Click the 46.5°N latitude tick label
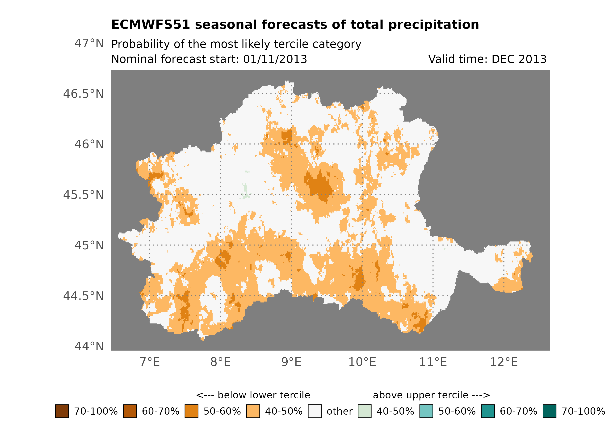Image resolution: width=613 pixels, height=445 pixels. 83,94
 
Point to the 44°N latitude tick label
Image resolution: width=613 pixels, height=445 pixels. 89,346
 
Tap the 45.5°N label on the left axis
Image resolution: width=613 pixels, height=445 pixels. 83,195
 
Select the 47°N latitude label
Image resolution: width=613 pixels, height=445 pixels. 89,43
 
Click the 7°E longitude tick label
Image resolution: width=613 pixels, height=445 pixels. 150,362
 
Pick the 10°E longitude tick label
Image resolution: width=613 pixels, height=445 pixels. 362,362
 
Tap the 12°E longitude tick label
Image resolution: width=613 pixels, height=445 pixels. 504,362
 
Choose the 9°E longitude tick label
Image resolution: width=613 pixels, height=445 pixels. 291,362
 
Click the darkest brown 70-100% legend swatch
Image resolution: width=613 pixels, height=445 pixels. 62,411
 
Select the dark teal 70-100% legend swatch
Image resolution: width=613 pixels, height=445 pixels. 550,411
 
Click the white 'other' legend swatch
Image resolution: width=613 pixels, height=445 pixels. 315,411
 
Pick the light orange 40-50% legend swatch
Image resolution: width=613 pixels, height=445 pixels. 253,411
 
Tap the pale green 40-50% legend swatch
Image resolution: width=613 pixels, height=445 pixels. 364,411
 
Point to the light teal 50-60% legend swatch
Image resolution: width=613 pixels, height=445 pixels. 426,411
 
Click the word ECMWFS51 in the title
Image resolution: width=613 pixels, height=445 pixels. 151,24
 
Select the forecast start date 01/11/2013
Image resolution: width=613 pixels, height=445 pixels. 275,59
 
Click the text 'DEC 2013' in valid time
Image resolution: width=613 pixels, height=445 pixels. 519,59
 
